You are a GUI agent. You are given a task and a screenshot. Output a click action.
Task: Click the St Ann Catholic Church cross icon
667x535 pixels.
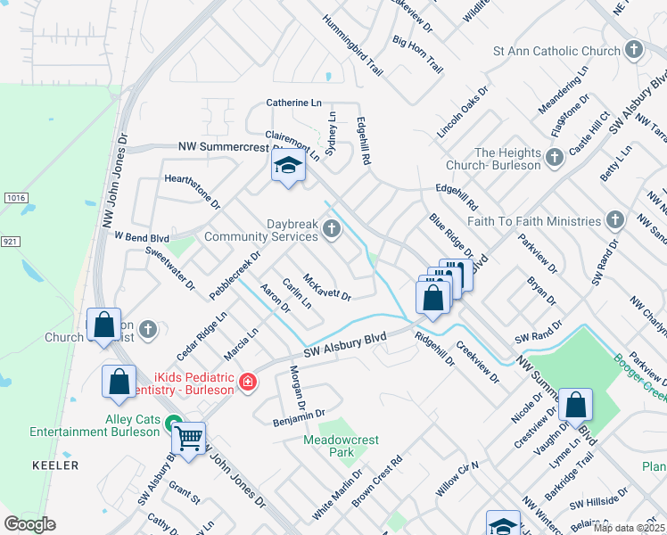(634, 50)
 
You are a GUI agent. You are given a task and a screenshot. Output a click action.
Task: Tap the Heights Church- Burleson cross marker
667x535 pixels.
(555, 158)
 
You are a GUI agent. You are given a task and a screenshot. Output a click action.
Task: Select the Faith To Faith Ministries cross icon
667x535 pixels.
(615, 220)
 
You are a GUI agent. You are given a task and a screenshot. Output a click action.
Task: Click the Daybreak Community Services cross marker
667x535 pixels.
(331, 230)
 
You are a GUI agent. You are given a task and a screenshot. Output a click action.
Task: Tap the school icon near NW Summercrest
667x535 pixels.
(288, 166)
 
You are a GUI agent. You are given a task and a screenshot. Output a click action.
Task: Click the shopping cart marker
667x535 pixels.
(188, 439)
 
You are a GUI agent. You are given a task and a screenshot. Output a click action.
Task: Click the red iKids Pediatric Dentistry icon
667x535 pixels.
(247, 383)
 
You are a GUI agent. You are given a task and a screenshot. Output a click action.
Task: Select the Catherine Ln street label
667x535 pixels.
(293, 103)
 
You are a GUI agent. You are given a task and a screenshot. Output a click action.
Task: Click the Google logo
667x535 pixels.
(30, 523)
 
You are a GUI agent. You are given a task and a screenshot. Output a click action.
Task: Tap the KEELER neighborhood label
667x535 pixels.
(55, 465)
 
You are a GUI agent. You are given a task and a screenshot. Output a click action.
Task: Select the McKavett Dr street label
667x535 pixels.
(326, 286)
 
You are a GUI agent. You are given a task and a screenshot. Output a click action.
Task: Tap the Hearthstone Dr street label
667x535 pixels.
(192, 191)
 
